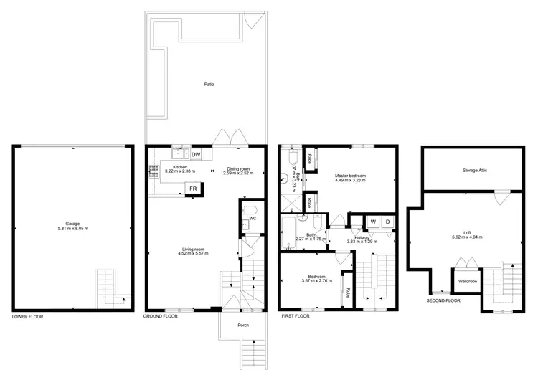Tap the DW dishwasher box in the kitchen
click(196, 154)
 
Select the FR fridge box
click(193, 189)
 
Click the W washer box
click(373, 222)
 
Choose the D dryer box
click(387, 222)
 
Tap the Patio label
click(209, 84)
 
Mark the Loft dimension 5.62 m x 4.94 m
click(467, 237)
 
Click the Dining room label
click(237, 168)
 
